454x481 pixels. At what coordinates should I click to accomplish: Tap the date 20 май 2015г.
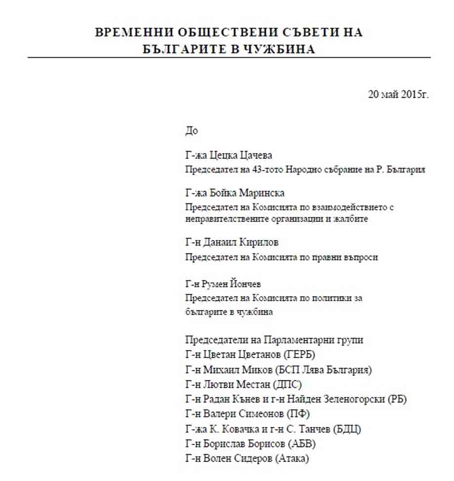tap(398, 94)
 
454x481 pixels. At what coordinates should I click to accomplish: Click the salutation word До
tap(191, 131)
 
